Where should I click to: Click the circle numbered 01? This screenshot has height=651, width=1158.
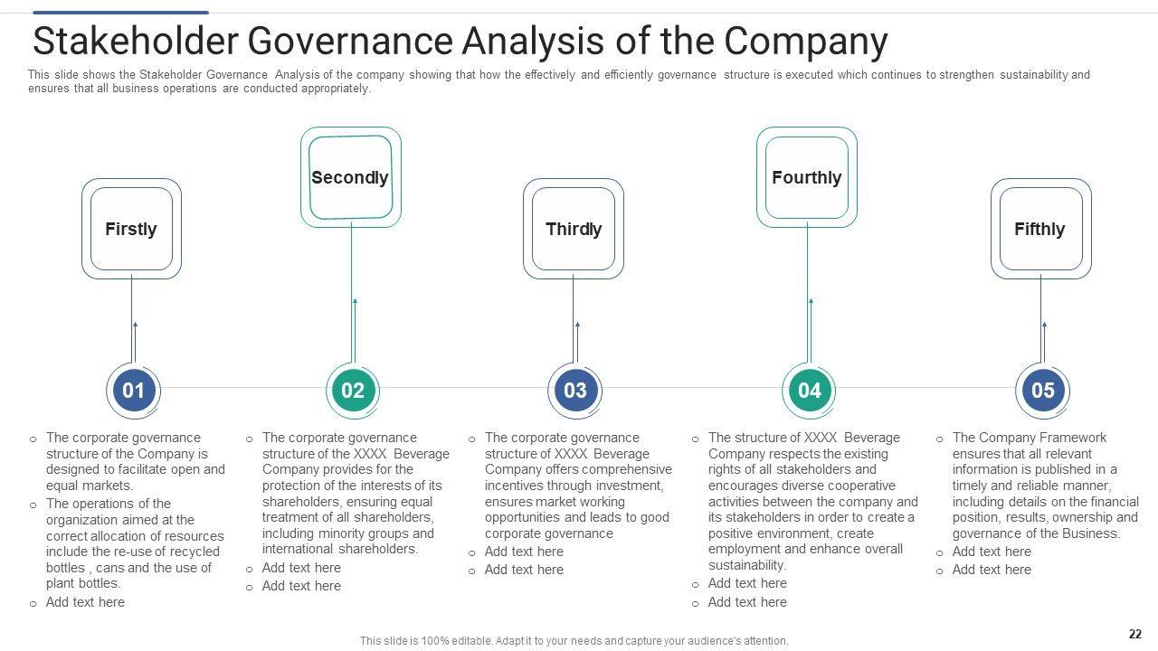pyautogui.click(x=133, y=391)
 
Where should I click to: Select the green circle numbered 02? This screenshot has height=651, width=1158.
pyautogui.click(x=353, y=391)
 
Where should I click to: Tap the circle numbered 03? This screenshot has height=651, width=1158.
pyautogui.click(x=575, y=391)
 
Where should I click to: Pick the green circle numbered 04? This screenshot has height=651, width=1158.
pyautogui.click(x=809, y=391)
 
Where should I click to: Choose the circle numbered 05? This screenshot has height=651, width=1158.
pyautogui.click(x=1042, y=391)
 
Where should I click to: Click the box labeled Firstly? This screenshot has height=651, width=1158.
pyautogui.click(x=131, y=229)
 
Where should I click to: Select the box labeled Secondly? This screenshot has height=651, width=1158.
pyautogui.click(x=350, y=177)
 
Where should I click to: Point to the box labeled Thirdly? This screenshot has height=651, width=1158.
pyautogui.click(x=574, y=229)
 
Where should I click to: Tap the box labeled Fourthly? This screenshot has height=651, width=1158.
pyautogui.click(x=806, y=177)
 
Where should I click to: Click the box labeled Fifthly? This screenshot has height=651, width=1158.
pyautogui.click(x=1039, y=229)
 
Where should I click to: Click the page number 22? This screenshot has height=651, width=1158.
pyautogui.click(x=1135, y=634)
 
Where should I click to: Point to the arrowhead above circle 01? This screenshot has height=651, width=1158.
pyautogui.click(x=135, y=324)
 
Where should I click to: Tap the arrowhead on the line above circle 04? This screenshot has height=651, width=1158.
pyautogui.click(x=811, y=301)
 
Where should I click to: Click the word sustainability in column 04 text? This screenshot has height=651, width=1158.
pyautogui.click(x=746, y=565)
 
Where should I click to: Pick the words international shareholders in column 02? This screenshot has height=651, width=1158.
pyautogui.click(x=340, y=549)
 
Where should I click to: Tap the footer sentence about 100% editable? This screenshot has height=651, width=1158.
pyautogui.click(x=574, y=640)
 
